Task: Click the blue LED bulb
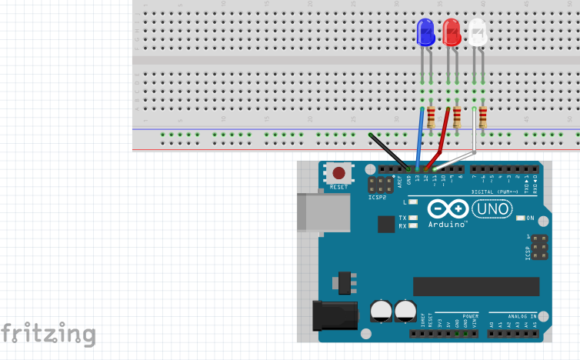(425, 32)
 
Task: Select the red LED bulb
(452, 32)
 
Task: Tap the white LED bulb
(478, 32)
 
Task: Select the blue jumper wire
(420, 138)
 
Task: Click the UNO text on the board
(491, 208)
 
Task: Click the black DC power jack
(335, 315)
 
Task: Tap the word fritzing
(48, 334)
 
